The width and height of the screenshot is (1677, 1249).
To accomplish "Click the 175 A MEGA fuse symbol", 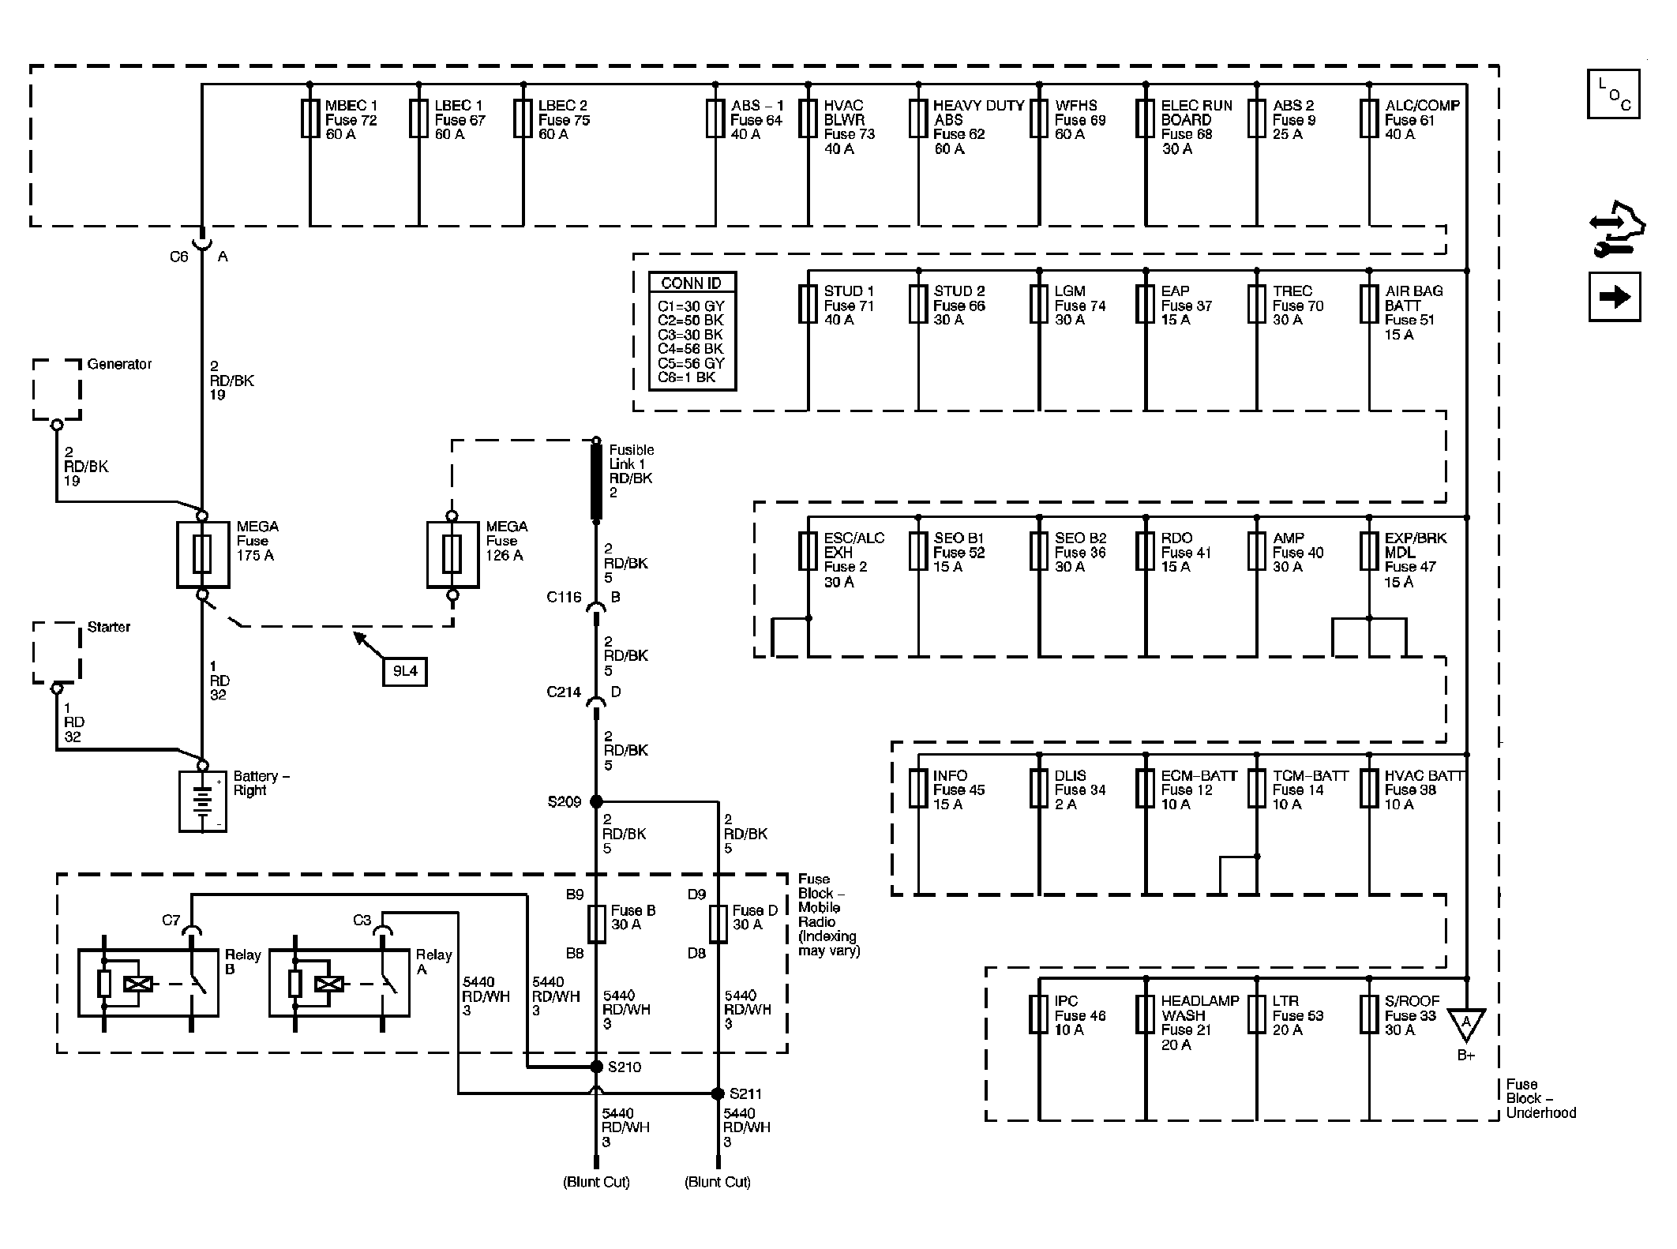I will coord(203,554).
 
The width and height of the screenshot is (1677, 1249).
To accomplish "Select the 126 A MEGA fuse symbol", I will coord(452,554).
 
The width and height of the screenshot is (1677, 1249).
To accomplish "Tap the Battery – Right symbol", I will coord(203,801).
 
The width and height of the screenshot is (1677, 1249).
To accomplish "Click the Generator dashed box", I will coord(57,389).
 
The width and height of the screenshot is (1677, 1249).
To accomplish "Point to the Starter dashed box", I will coord(57,652).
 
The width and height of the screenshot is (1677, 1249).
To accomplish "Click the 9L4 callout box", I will coord(405,672).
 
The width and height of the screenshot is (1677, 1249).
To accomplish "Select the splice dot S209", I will coord(597,801).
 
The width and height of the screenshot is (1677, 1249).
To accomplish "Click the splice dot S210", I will coord(597,1067).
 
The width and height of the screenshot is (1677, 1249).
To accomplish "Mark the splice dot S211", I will coord(718,1093).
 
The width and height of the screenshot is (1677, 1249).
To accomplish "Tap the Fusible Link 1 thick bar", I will coord(597,482).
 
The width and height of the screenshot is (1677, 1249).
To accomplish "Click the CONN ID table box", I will coord(692,332).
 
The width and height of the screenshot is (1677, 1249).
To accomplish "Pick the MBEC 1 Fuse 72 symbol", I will coord(310,118).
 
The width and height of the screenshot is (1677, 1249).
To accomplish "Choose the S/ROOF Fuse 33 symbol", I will coord(1370,1015).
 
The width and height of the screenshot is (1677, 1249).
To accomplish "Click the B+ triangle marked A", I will coord(1466,1023).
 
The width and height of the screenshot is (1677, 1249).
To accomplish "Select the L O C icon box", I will coord(1614,95).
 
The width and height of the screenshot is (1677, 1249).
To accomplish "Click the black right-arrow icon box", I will coord(1615,297).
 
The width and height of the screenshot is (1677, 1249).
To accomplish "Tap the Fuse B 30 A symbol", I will coord(597,924).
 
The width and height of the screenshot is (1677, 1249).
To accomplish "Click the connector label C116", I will coord(564,597).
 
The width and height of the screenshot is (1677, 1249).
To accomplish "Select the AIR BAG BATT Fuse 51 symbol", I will coord(1370,304).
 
